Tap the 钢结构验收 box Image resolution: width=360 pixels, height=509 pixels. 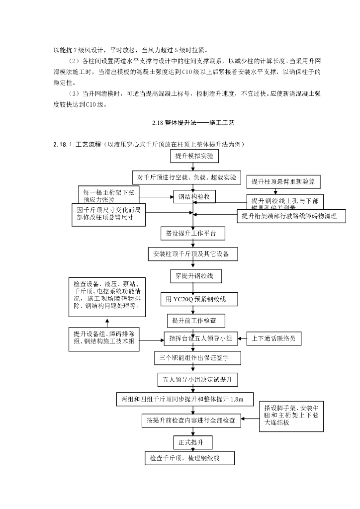(x=194, y=197)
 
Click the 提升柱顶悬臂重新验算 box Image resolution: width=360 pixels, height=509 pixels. (x=283, y=181)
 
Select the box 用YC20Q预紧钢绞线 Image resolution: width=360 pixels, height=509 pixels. (x=198, y=299)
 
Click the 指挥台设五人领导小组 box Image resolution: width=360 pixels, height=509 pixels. (x=201, y=339)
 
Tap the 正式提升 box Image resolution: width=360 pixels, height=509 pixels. (x=192, y=441)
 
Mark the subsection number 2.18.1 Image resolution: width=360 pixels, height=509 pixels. (x=63, y=145)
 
